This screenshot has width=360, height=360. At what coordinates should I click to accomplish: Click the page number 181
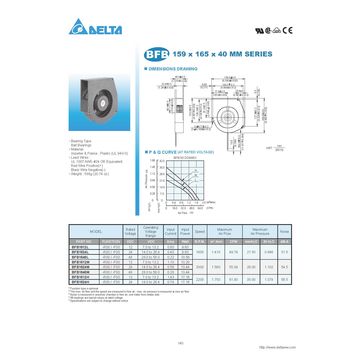click(x=180, y=343)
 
